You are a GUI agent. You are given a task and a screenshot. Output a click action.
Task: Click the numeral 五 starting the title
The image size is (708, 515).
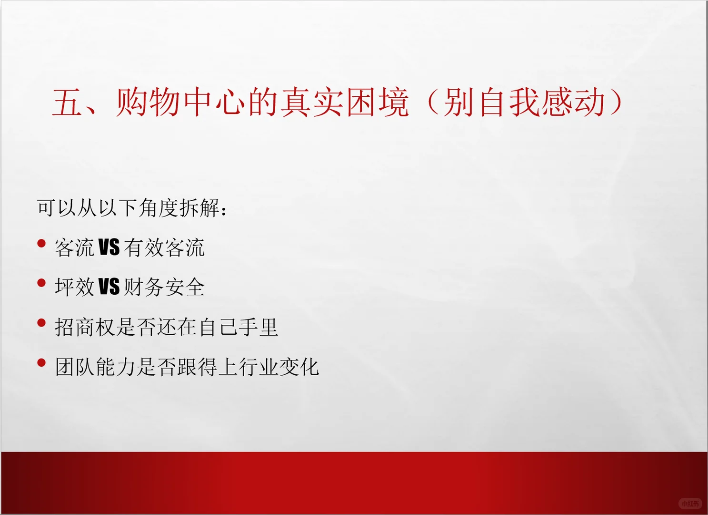(x=67, y=103)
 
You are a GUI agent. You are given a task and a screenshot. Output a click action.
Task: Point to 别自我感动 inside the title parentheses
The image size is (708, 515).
(x=524, y=103)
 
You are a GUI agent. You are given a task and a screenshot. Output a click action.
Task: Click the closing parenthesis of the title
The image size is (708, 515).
(x=616, y=103)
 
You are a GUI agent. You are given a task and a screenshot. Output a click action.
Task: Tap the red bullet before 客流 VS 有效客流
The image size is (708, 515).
(x=41, y=244)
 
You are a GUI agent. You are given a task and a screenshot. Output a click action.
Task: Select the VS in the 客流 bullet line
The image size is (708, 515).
(x=109, y=248)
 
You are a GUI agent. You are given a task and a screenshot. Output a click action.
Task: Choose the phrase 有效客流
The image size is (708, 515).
(x=164, y=248)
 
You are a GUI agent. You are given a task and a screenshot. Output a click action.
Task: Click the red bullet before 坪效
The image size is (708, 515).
(x=41, y=283)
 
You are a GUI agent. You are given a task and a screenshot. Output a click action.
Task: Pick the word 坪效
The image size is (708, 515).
(x=75, y=288)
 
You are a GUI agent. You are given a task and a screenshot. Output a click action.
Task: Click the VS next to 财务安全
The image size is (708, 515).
(x=109, y=287)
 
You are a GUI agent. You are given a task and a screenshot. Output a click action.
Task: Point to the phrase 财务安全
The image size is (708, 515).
(x=164, y=288)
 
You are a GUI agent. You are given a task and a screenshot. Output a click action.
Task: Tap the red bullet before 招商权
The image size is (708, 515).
(x=41, y=323)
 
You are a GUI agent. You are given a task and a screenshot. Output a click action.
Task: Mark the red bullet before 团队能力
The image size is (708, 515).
(x=41, y=363)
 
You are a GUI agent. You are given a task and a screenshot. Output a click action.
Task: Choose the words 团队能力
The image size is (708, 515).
(x=95, y=367)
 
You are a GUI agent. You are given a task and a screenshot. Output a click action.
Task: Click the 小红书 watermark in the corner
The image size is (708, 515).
(x=690, y=504)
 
